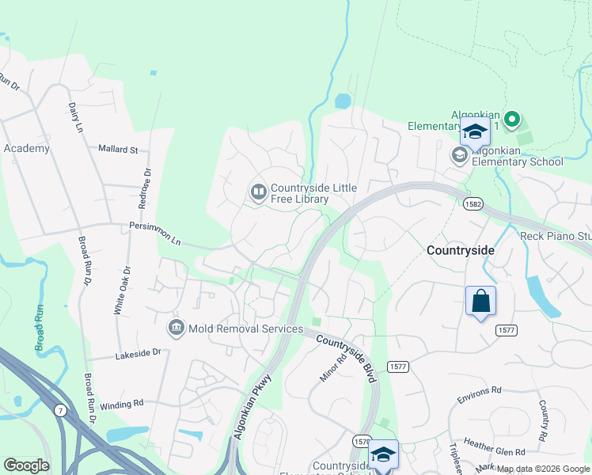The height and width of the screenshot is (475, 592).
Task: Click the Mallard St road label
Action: [x=118, y=149]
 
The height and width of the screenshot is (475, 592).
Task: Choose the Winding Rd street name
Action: [x=122, y=403]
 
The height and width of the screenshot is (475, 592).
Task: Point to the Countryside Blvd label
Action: [x=346, y=360]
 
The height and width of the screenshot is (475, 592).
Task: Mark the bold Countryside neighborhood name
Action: [x=461, y=250]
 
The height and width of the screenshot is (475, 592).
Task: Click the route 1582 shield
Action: [x=473, y=204]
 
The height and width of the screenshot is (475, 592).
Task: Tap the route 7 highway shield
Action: [x=60, y=409]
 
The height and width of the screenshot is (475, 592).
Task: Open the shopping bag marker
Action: [x=480, y=301]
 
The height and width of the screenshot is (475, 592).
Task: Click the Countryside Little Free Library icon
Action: [x=258, y=192]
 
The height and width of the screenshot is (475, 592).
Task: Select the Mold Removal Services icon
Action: [x=176, y=327]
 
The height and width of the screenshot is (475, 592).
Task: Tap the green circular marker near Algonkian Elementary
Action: [x=511, y=120]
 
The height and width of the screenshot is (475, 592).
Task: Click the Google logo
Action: [x=26, y=465]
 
